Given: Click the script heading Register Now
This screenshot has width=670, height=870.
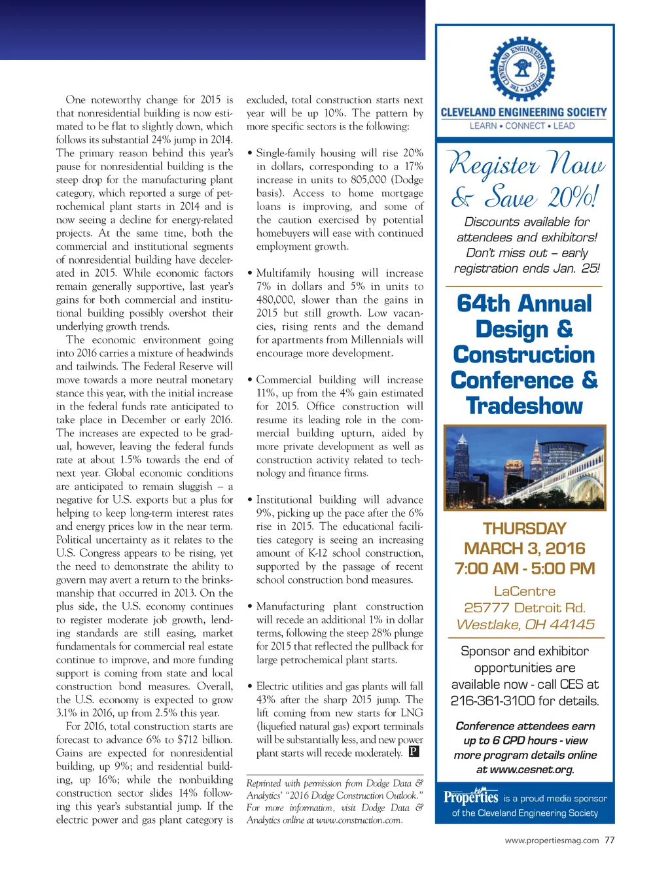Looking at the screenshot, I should [x=526, y=164].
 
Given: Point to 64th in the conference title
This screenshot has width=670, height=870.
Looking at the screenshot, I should [x=483, y=304].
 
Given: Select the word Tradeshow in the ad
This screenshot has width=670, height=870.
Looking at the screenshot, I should [x=524, y=406].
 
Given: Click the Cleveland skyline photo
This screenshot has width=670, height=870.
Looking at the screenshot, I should [x=525, y=467].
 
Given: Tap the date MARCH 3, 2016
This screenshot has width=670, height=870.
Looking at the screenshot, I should [x=524, y=548].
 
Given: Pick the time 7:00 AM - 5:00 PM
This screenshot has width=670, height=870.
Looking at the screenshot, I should [x=524, y=568].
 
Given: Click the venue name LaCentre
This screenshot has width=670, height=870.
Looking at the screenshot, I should [x=524, y=591].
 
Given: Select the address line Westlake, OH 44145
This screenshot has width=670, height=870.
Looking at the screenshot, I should [x=525, y=624].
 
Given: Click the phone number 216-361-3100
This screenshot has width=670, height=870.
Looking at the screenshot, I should [x=491, y=701].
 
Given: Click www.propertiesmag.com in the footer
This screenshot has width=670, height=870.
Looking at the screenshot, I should [x=552, y=841].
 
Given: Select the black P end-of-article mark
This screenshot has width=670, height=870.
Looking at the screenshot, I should [x=414, y=752].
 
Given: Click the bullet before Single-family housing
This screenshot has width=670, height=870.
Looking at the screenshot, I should [x=250, y=153].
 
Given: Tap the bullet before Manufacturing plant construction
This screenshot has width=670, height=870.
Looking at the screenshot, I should [x=250, y=606].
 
